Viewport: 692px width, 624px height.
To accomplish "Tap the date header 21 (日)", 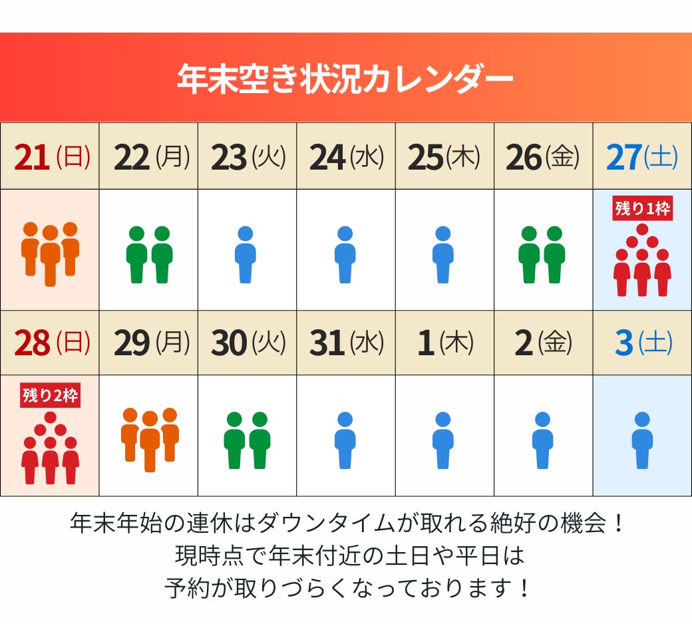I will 51,157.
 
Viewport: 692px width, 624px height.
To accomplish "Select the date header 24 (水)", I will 346,157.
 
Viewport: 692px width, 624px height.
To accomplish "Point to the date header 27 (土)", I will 642,157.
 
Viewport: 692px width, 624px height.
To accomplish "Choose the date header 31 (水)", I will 346,343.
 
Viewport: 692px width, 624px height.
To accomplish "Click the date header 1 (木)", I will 444,343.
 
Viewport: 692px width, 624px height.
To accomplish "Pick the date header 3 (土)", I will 642,343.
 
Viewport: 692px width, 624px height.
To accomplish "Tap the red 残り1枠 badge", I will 642,209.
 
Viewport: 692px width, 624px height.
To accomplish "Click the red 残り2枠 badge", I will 51,396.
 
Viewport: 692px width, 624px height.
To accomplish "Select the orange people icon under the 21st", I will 51,253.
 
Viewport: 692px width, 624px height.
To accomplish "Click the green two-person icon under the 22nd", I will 149,255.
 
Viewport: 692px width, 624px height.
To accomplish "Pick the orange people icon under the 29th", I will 149,438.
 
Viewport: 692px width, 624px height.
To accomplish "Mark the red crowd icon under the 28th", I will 51,447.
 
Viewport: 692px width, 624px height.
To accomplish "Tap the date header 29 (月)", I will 149,343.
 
